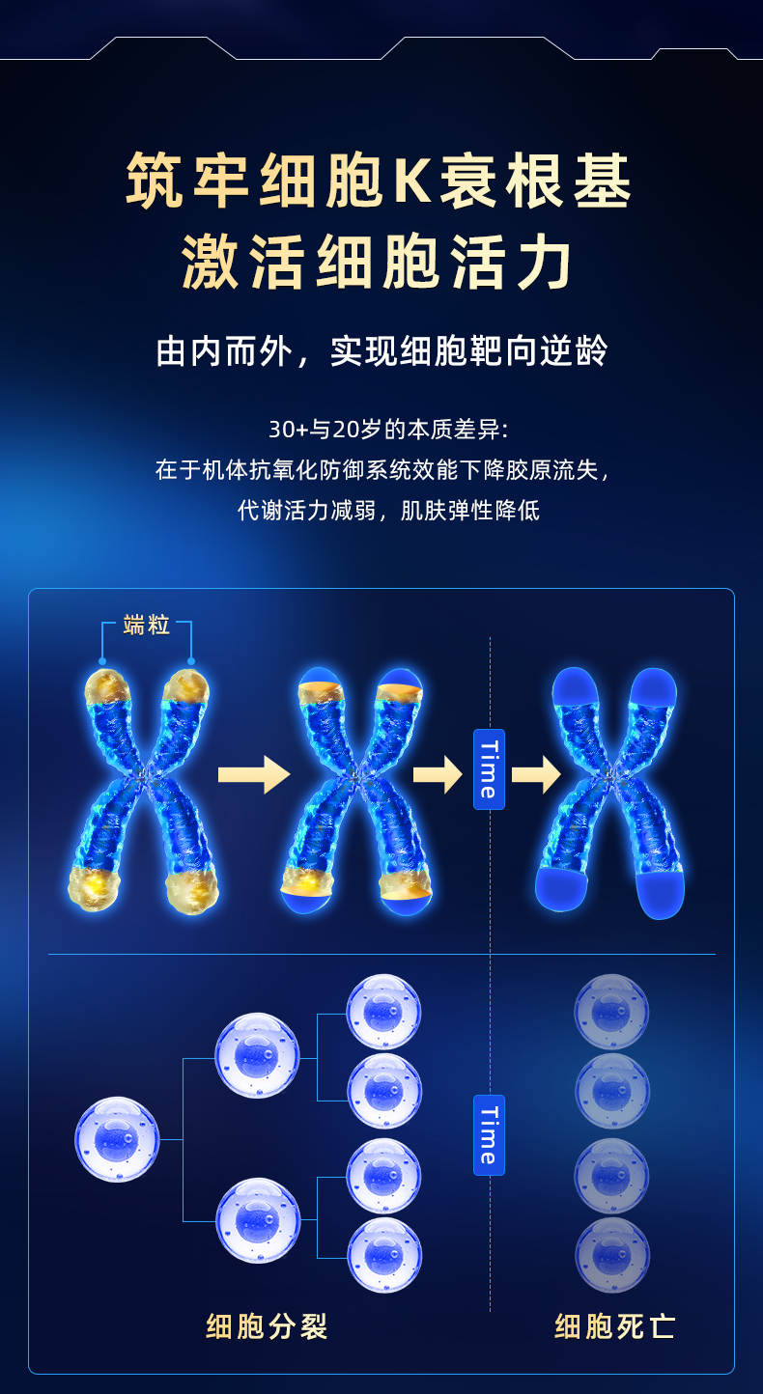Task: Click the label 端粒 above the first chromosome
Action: pos(147,626)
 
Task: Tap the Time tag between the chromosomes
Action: pos(489,769)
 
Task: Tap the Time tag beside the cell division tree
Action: pos(489,1134)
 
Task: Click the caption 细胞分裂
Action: pos(268,1326)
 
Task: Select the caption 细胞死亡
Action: pos(615,1326)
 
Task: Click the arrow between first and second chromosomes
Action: pos(254,774)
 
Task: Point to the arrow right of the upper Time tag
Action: pos(537,774)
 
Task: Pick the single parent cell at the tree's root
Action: pos(117,1139)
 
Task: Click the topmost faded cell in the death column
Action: pos(611,1012)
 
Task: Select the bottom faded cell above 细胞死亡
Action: pos(611,1255)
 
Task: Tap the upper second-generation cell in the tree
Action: pos(257,1055)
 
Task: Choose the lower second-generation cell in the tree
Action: pos(257,1220)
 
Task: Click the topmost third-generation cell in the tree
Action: pos(383,1012)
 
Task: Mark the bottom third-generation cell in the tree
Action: pos(383,1255)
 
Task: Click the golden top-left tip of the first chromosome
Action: pos(105,686)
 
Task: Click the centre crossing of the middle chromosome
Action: pos(355,774)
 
